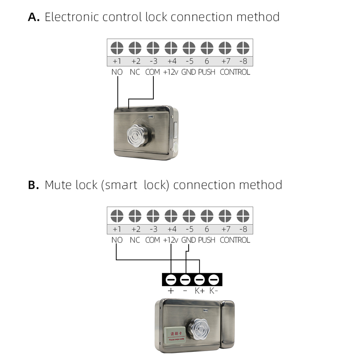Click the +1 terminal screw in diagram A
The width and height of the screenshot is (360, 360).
pos(117,48)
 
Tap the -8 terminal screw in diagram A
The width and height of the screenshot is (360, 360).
pos(243,48)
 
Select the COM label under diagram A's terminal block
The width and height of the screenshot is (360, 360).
pos(153,72)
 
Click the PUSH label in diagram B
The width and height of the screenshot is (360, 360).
pos(207,240)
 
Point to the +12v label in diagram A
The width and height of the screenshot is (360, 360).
pos(171,72)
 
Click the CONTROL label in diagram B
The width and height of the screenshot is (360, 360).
pos(235,240)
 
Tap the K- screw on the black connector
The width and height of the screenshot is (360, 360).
pos(214,279)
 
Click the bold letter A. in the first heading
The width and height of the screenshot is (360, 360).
pos(34,17)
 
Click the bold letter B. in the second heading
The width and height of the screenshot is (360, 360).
pos(33,185)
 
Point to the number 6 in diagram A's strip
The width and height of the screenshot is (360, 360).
pos(207,62)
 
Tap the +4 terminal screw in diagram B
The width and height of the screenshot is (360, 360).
pos(171,216)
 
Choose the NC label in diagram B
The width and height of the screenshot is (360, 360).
pos(135,240)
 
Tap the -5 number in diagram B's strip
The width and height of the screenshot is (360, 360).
pos(189,229)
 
